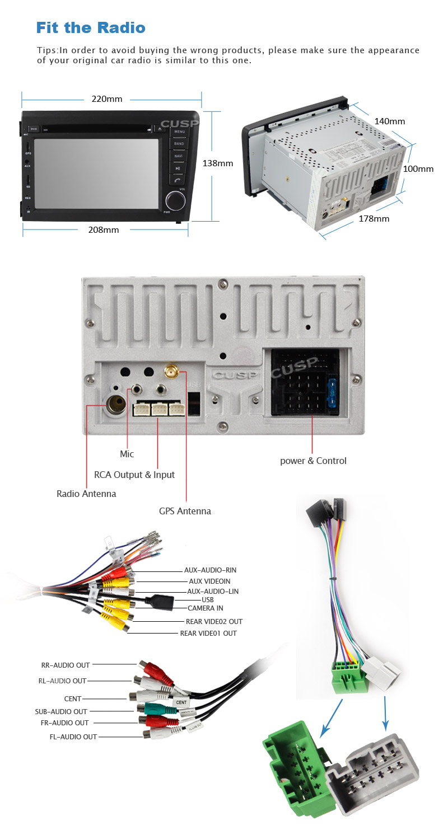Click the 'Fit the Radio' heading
91,27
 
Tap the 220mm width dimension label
106,99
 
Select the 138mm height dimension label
217,163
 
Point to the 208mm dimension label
104,229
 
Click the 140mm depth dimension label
390,121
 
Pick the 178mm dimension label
374,218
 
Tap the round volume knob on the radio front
175,200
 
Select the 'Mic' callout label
127,454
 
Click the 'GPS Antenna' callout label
185,510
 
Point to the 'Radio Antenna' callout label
86,494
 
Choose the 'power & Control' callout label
313,461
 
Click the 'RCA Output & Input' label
134,475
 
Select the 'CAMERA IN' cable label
205,608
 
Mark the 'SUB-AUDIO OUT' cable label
61,711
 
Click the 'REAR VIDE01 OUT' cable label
208,633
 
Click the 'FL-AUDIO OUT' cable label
73,737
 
